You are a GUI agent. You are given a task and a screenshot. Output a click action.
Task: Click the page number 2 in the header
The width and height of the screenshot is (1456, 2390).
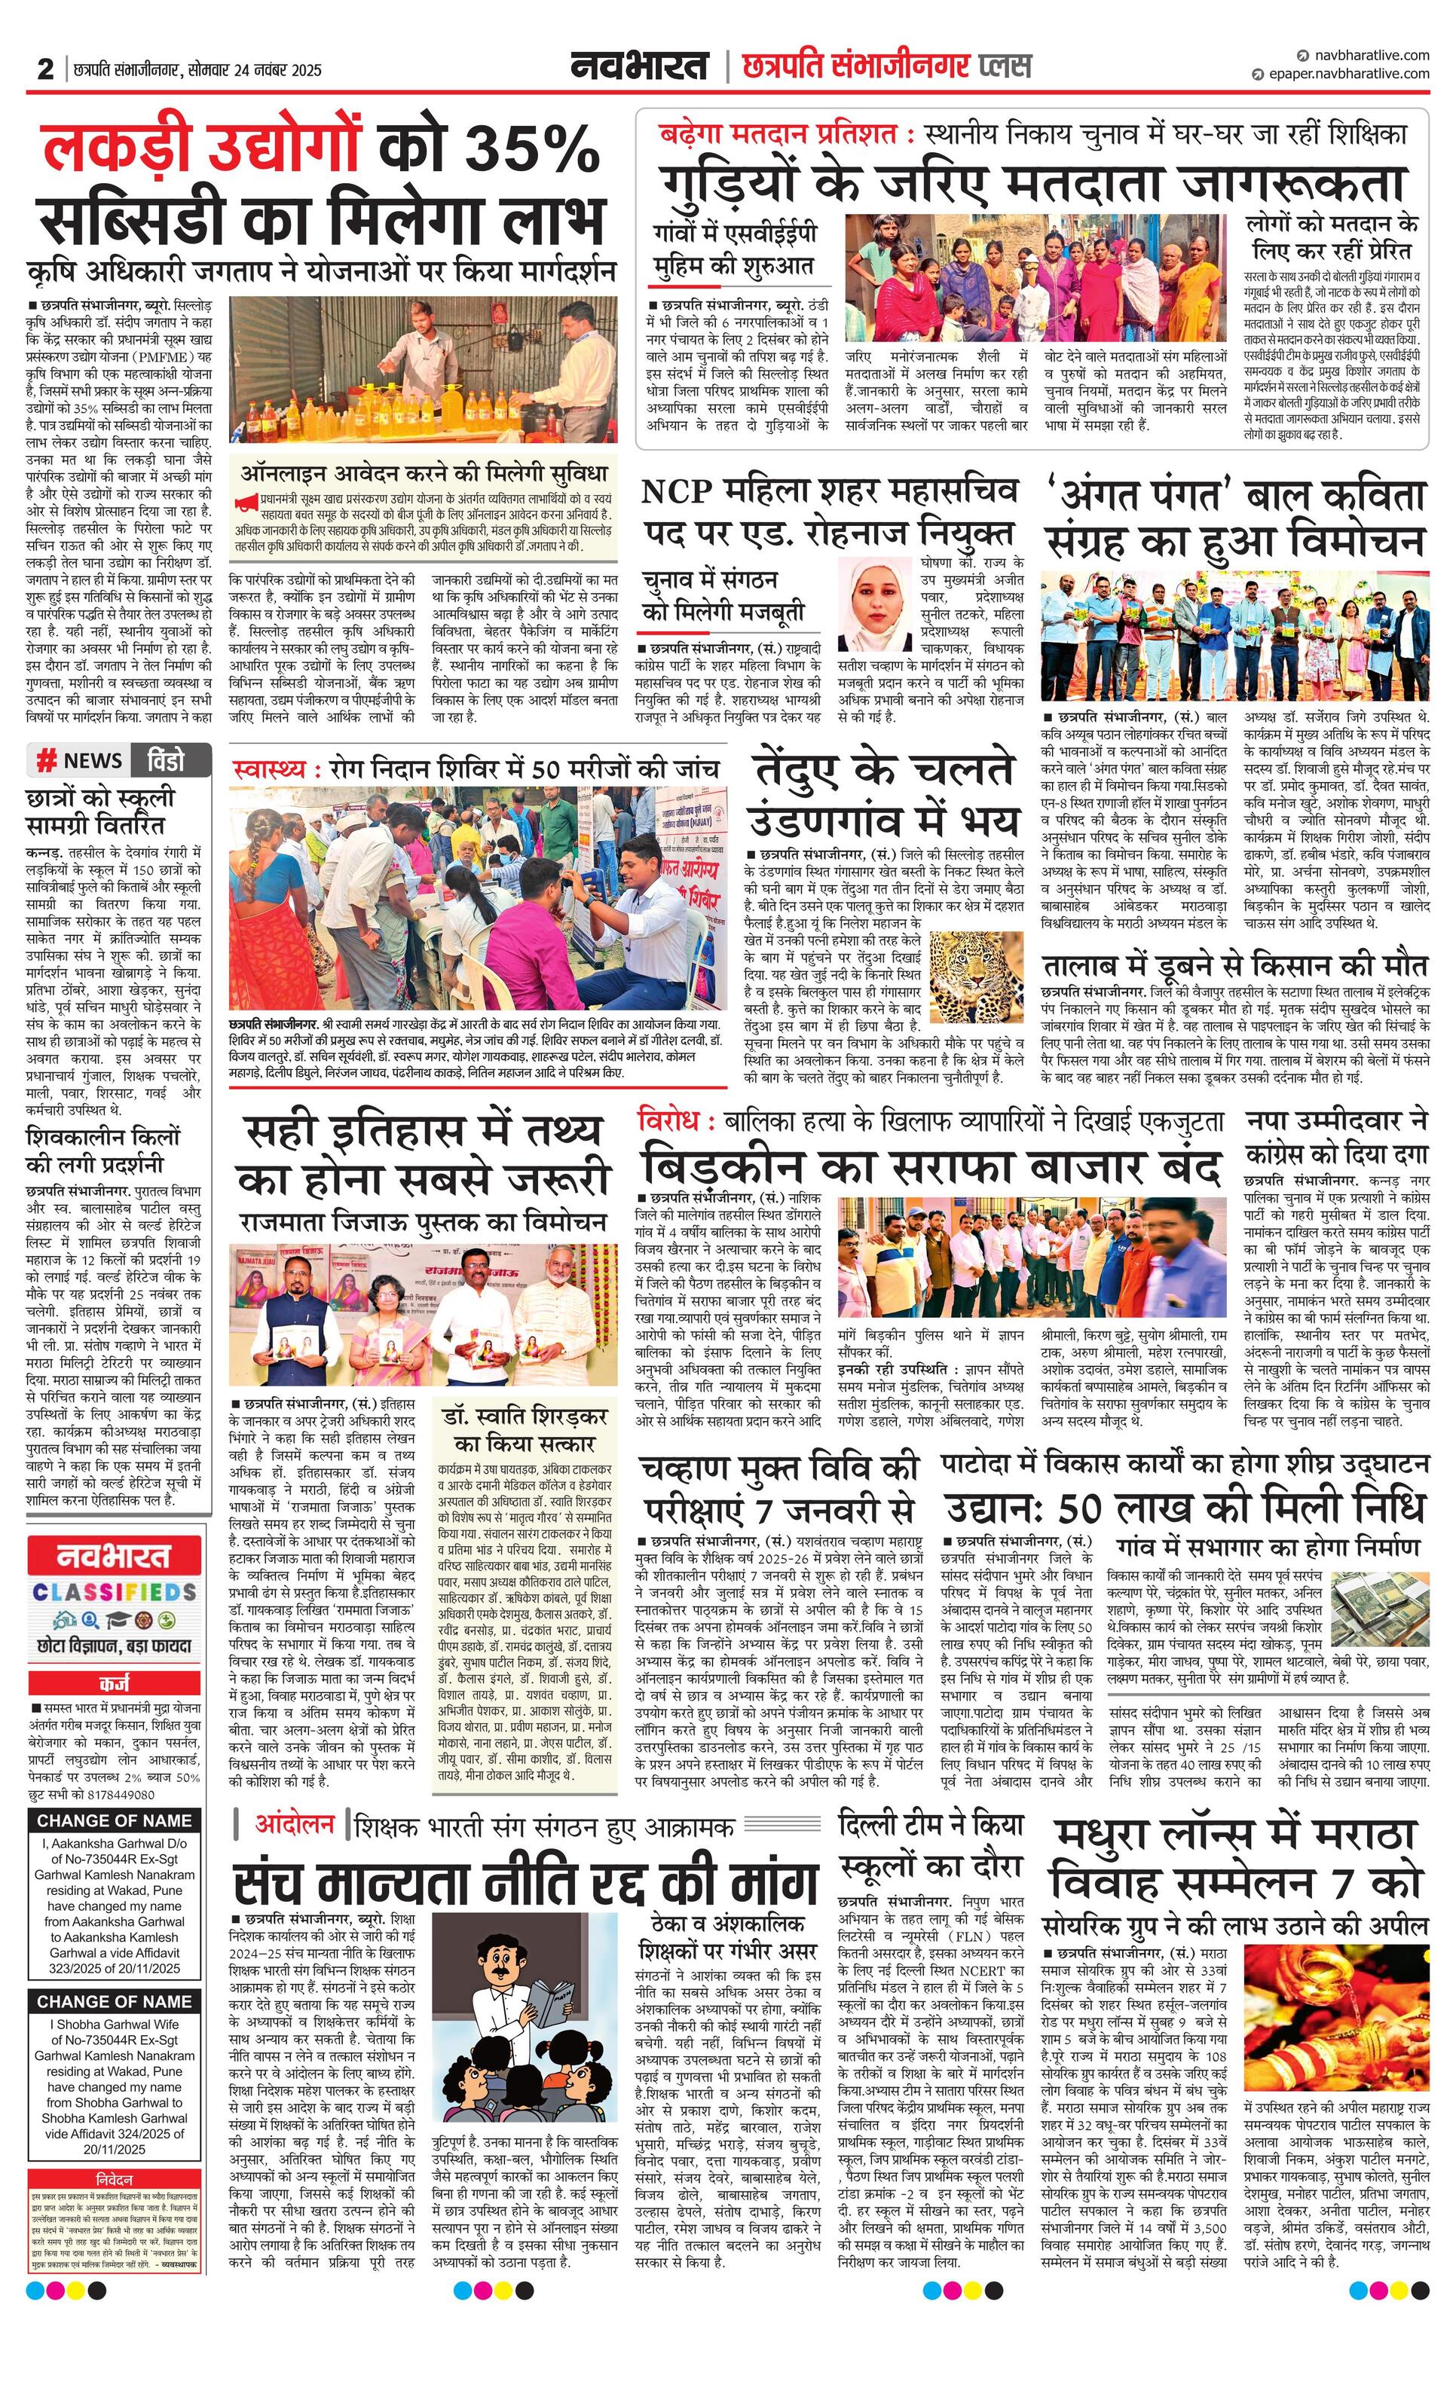tap(44, 69)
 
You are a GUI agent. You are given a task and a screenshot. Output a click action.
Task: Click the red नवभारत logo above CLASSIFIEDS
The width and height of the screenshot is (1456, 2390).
tap(115, 1556)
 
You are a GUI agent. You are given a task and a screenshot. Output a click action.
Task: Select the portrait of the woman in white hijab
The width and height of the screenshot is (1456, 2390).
tap(875, 604)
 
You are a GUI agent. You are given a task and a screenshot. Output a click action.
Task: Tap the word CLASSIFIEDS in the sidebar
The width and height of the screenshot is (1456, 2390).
tap(115, 1593)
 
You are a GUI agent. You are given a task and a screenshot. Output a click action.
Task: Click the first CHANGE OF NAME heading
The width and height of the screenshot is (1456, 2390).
tap(115, 1820)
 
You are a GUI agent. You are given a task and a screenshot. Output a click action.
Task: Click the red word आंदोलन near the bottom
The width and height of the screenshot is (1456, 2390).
tap(294, 1824)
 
